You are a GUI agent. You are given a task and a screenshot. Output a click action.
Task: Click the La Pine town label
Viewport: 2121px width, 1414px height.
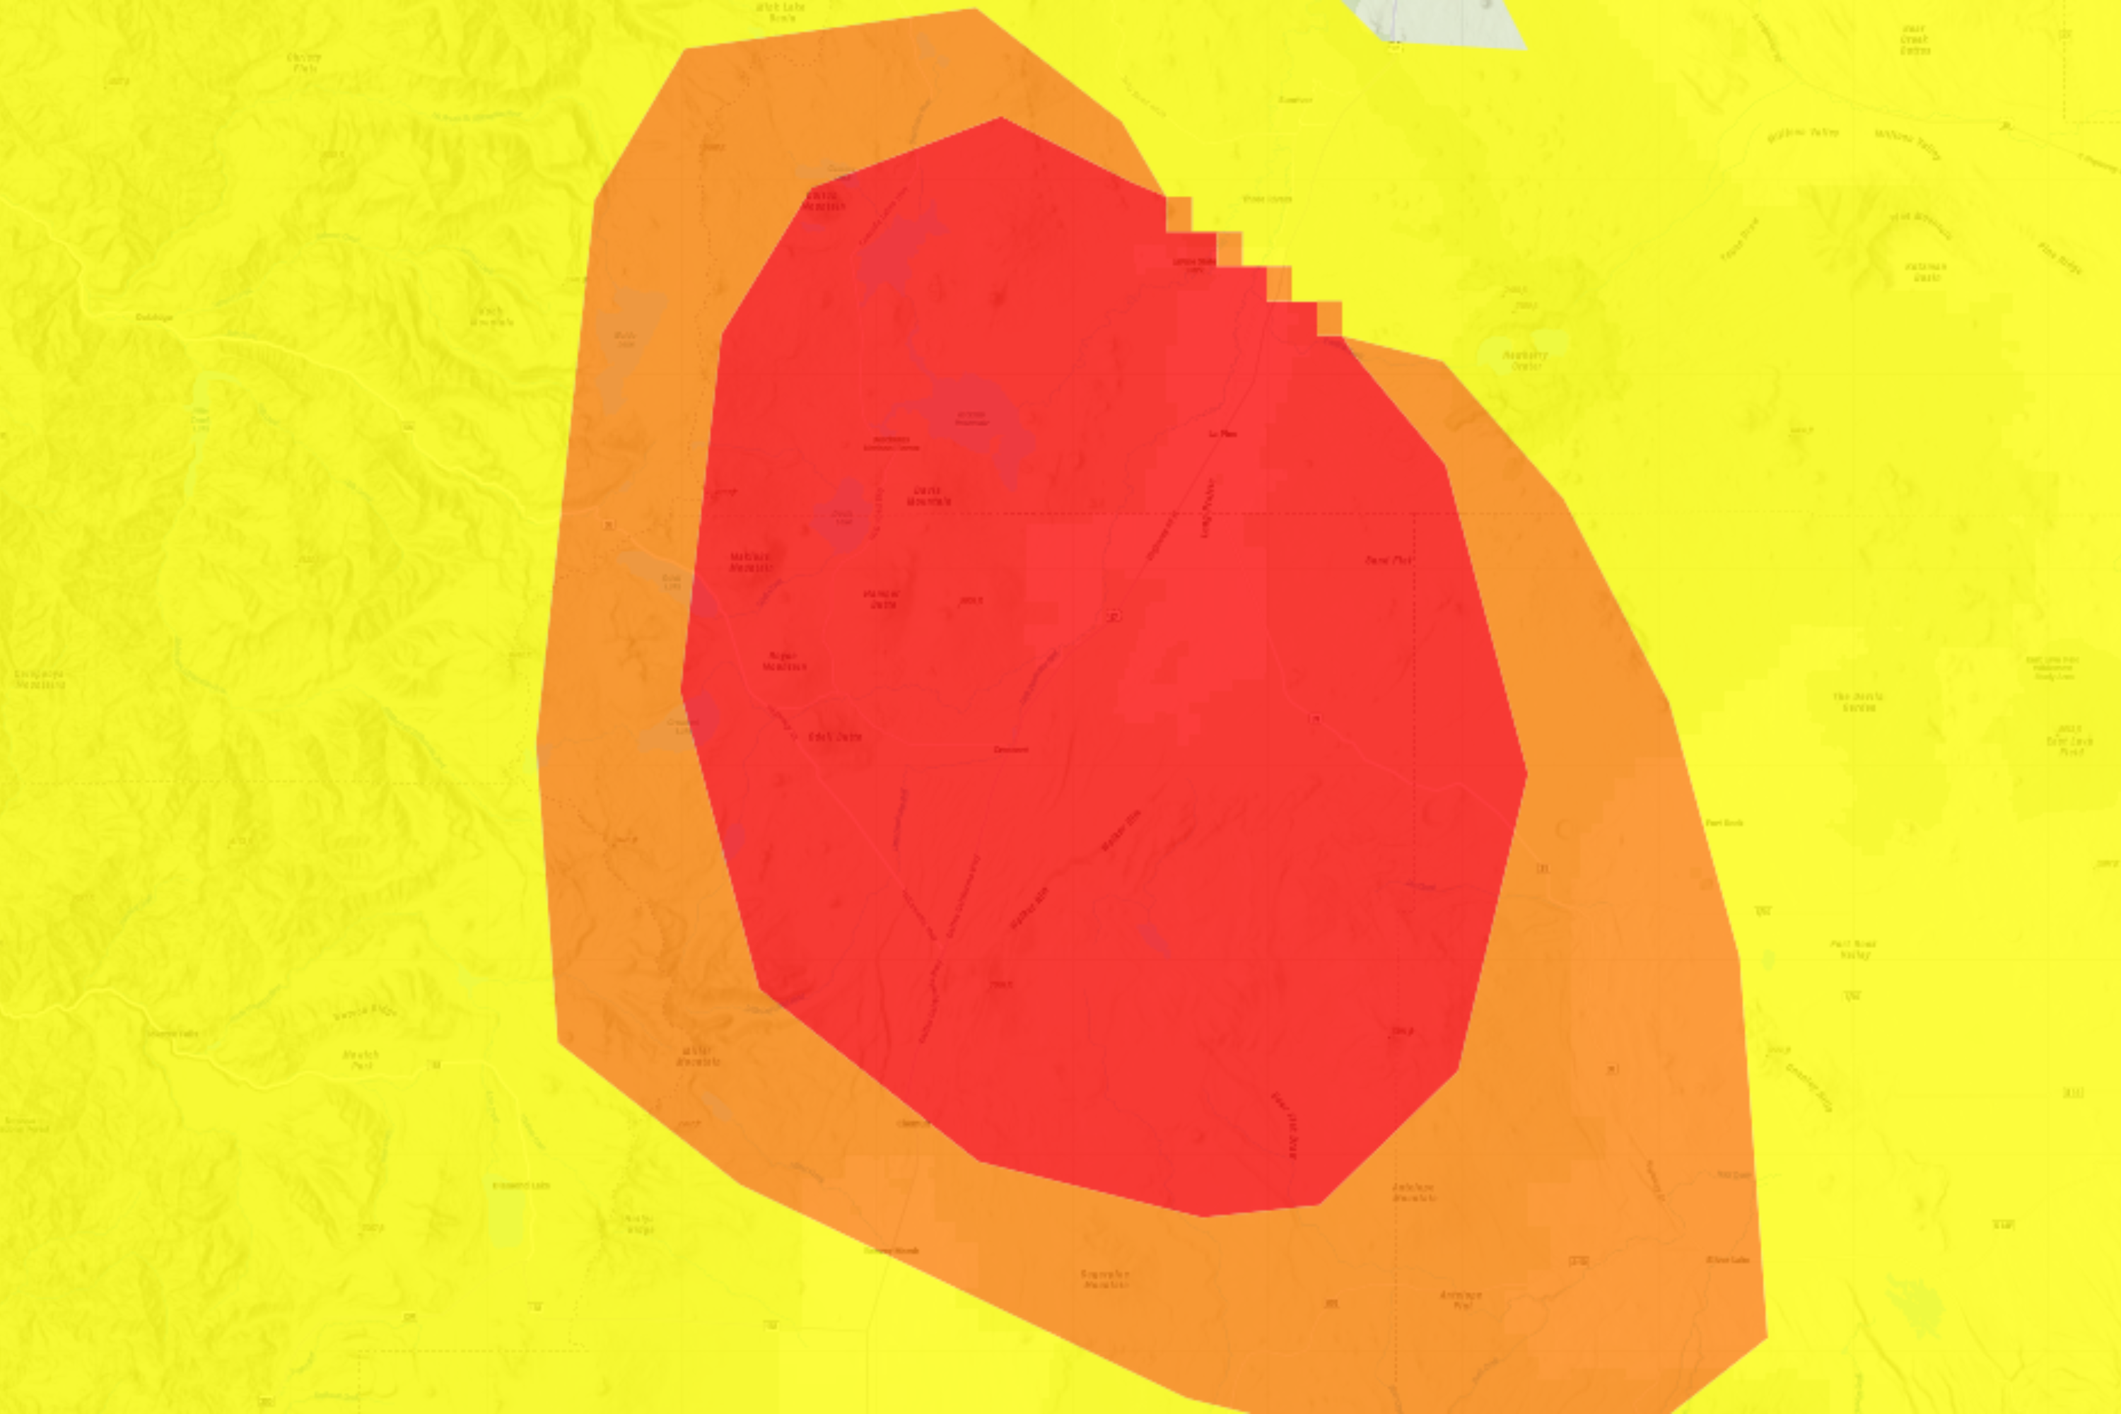[1222, 434]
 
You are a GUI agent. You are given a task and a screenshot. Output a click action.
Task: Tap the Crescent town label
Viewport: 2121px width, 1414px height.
[1010, 749]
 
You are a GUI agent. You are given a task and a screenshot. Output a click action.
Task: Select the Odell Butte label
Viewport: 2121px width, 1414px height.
[834, 737]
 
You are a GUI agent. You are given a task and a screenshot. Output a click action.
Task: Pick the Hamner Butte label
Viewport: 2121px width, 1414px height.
[881, 600]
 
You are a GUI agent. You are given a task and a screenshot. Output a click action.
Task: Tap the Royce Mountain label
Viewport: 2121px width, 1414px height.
[783, 662]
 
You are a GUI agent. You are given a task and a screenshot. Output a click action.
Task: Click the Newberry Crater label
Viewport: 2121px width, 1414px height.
[1524, 361]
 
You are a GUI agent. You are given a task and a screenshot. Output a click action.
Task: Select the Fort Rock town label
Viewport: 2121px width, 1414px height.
[1724, 822]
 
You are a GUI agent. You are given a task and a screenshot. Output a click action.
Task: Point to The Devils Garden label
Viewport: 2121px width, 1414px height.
[1858, 701]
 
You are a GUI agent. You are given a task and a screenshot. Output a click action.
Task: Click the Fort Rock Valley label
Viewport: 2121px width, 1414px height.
[1853, 950]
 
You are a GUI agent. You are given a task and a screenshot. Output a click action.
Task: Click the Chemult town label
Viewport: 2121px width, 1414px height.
[913, 1123]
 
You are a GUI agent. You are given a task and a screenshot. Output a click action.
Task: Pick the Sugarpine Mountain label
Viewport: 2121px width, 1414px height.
[1104, 1279]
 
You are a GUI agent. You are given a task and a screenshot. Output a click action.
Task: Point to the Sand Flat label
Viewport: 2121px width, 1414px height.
[1388, 560]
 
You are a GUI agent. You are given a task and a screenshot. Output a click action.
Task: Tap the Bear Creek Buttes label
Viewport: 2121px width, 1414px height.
[1914, 40]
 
